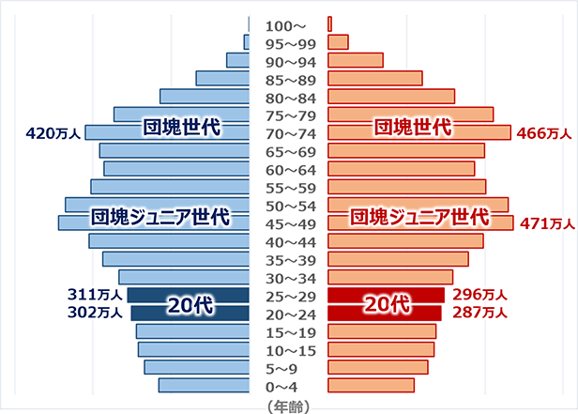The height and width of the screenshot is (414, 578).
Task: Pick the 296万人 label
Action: pyautogui.click(x=479, y=295)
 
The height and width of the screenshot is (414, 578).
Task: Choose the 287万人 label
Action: pyautogui.click(x=479, y=313)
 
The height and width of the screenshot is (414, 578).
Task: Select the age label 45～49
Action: pyautogui.click(x=289, y=223)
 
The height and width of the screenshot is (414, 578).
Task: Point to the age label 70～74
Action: pyautogui.click(x=289, y=133)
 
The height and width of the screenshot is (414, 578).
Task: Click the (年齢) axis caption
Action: pyautogui.click(x=289, y=406)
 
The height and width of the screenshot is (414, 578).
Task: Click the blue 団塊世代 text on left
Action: pyautogui.click(x=181, y=127)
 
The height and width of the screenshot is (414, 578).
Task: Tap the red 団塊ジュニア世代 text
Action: pyautogui.click(x=419, y=217)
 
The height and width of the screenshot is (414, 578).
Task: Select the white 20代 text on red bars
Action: pyautogui.click(x=387, y=304)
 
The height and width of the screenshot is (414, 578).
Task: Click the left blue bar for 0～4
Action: pyautogui.click(x=204, y=385)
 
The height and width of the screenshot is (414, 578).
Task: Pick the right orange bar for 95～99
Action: pyautogui.click(x=338, y=42)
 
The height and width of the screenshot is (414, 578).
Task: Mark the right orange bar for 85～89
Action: pyautogui.click(x=374, y=79)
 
